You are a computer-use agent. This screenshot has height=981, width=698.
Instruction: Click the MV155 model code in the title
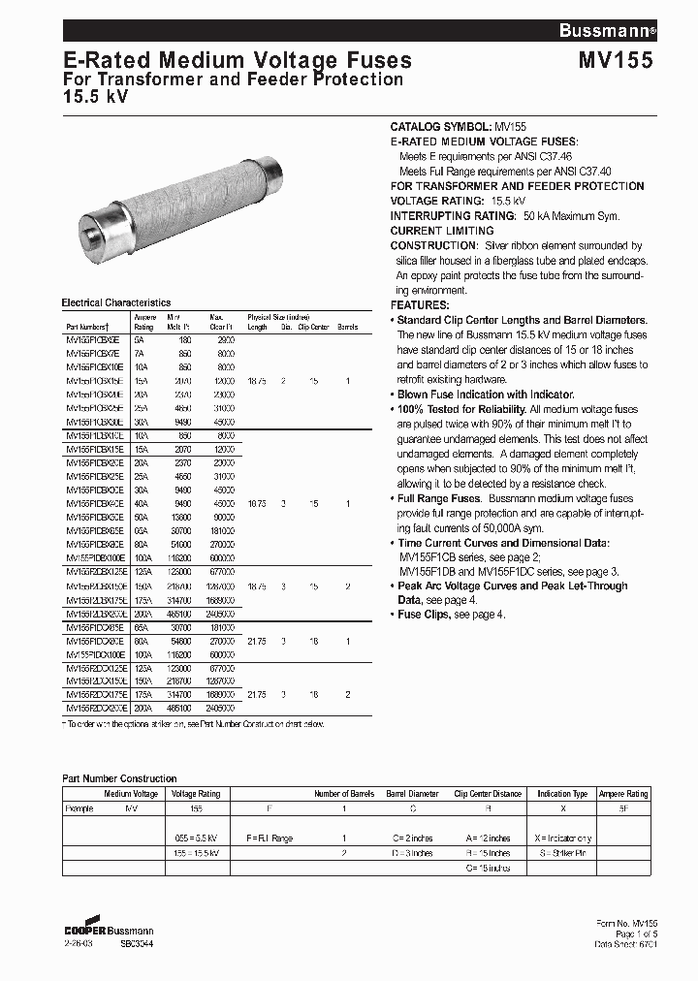pos(616,60)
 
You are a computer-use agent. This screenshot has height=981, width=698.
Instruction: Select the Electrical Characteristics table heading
pos(115,302)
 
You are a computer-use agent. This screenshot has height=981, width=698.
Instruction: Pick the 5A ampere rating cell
pos(139,341)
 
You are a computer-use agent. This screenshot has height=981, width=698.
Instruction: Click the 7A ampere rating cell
pos(139,354)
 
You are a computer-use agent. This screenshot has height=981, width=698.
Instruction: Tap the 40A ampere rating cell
pos(141,504)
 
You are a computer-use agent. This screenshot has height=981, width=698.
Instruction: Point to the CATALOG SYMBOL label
pos(441,127)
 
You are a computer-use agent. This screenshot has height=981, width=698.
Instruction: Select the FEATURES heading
pos(424,304)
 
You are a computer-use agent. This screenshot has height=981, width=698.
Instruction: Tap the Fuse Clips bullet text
pos(426,615)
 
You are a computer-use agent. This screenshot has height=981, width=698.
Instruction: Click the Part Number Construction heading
pos(119,778)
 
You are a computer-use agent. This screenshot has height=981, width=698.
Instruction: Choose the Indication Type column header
pos(561,794)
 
